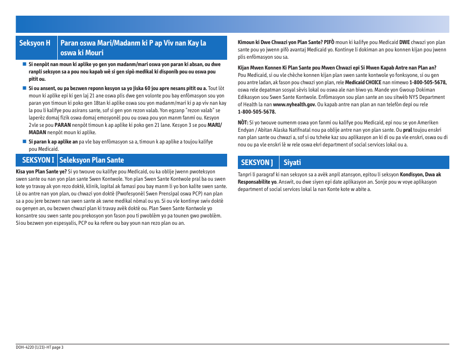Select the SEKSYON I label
[37, 160]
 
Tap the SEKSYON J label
[257, 162]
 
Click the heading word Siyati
[292, 162]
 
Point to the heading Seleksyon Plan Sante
[92, 160]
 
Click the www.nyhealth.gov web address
[294, 104]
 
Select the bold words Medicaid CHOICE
[364, 82]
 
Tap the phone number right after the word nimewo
[428, 82]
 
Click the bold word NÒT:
[243, 122]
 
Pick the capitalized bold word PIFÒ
[329, 42]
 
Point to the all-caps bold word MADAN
[38, 132]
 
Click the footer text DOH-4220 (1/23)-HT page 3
[40, 347]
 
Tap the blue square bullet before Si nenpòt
[23, 64]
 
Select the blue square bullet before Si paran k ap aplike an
[23, 142]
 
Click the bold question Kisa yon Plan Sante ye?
[42, 171]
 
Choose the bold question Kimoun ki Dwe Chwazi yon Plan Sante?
[279, 42]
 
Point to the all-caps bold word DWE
[405, 42]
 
